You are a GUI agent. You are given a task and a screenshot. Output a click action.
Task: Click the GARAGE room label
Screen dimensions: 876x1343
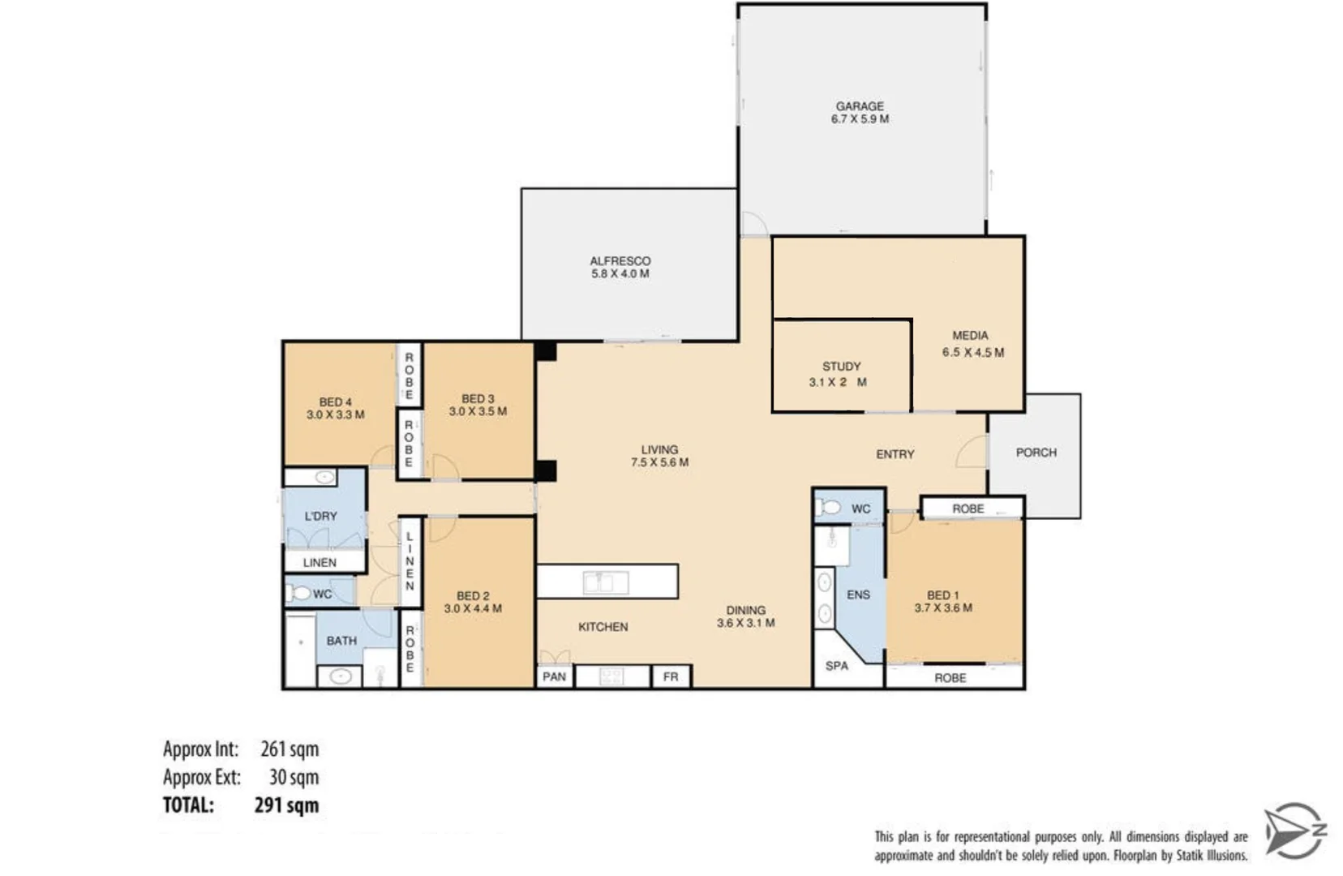coord(860,106)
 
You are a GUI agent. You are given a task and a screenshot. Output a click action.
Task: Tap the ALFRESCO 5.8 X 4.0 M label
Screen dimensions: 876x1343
coord(620,268)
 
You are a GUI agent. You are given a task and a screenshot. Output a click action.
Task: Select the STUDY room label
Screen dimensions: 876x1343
coord(841,367)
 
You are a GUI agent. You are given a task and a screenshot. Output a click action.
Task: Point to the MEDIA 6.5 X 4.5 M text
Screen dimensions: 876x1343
coord(972,344)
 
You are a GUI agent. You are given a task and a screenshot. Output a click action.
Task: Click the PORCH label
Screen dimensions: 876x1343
coord(1036,453)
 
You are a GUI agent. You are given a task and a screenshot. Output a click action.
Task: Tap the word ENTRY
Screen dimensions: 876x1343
coord(895,454)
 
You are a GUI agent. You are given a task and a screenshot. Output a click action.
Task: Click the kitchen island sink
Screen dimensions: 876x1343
coord(605,582)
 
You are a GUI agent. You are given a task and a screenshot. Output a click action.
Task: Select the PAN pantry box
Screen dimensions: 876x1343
coord(555,676)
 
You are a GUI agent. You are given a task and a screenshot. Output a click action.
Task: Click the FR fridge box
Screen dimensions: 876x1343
coord(671,676)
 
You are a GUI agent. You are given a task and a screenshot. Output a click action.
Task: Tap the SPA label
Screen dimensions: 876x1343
coord(836,666)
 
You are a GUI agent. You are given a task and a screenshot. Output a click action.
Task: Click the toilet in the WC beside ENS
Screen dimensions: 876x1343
coord(829,508)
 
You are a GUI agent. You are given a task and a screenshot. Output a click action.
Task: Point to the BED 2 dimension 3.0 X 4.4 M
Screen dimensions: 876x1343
coord(473,608)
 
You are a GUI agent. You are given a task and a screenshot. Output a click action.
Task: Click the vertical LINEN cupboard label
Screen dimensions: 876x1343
coord(410,561)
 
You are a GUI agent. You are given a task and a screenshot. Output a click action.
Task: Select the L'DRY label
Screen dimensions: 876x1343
coord(320,516)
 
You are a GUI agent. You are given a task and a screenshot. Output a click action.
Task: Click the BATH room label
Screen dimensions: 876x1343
coord(341,641)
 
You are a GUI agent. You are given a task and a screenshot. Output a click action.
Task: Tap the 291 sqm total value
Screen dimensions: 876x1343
coord(286,805)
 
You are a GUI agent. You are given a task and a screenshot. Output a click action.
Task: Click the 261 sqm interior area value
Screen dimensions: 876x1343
coord(290,749)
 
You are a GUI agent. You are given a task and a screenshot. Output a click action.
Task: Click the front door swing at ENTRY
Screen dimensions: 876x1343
coord(972,453)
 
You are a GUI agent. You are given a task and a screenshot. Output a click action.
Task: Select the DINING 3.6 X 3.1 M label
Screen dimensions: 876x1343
coord(745,616)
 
